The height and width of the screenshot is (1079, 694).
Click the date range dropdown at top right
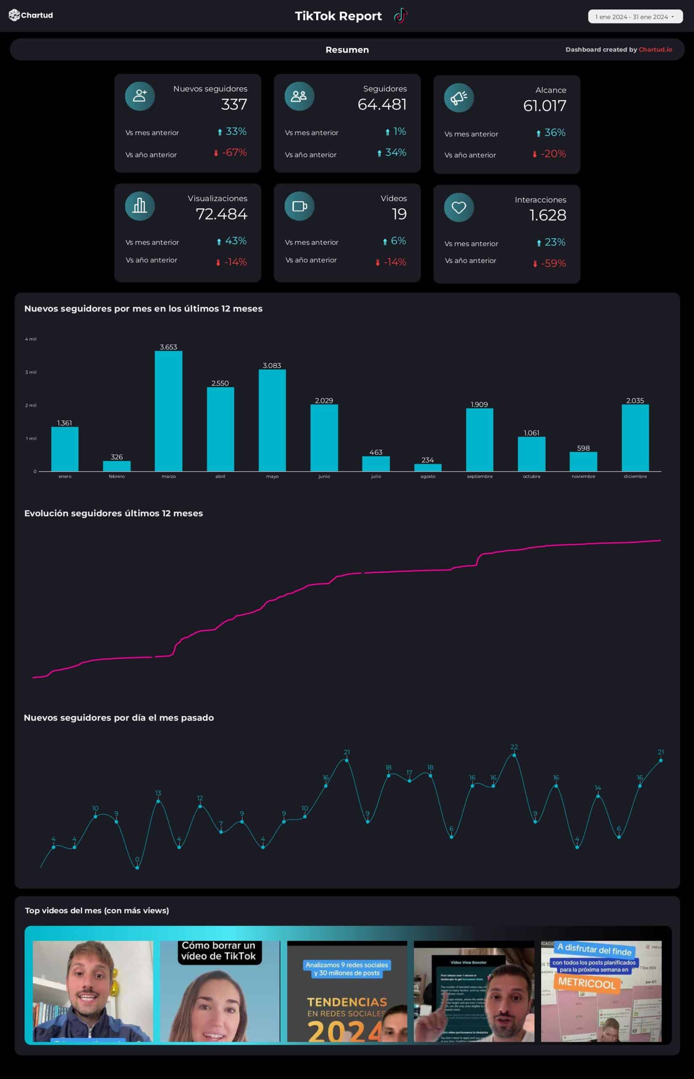pos(635,17)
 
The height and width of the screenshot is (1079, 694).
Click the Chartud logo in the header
pos(31,15)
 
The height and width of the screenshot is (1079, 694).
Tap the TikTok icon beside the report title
pos(400,16)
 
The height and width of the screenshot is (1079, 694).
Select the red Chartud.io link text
pos(655,50)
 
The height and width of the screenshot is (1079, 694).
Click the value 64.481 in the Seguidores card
pos(382,105)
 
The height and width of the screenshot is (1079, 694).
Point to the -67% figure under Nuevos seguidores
pos(234,153)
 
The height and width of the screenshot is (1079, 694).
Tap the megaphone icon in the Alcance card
pos(458,97)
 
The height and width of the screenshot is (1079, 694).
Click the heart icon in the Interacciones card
pos(458,207)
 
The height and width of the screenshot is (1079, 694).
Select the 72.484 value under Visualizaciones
pos(221,214)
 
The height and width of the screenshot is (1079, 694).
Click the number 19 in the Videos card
pos(399,214)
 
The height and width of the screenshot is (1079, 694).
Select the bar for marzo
pos(168,411)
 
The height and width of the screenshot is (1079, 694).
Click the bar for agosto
pos(428,467)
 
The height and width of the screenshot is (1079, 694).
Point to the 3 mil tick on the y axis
pos(31,372)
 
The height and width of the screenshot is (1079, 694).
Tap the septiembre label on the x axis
pos(480,476)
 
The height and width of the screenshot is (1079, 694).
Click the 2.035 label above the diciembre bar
pos(635,400)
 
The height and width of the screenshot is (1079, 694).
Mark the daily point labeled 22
pos(514,755)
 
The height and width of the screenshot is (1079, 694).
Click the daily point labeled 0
pos(137,867)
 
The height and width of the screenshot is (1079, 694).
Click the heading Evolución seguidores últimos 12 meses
pos(114,513)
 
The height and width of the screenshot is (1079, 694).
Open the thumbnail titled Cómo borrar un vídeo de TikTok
pos(219,990)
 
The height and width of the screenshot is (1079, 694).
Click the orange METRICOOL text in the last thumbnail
pos(587,983)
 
